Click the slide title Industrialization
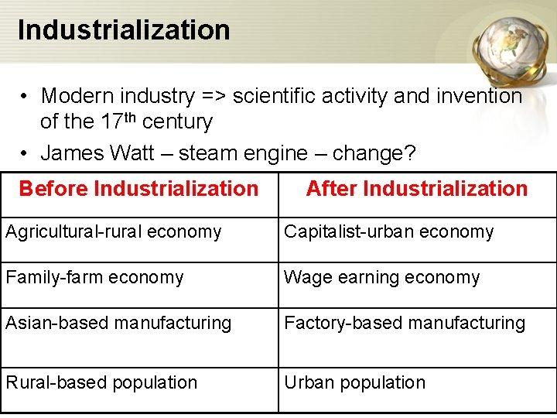pyautogui.click(x=124, y=29)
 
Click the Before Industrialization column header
pyautogui.click(x=138, y=188)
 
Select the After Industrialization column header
pyautogui.click(x=416, y=188)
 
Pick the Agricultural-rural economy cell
pyautogui.click(x=114, y=231)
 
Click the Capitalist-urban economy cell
pyautogui.click(x=388, y=231)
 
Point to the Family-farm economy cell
pyautogui.click(x=94, y=277)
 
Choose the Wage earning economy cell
pyautogui.click(x=381, y=277)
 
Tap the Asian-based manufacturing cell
pyautogui.click(x=118, y=323)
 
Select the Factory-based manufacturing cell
pyautogui.click(x=405, y=323)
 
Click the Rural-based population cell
pyautogui.click(x=101, y=382)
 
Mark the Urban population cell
pyautogui.click(x=354, y=382)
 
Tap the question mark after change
pyautogui.click(x=409, y=152)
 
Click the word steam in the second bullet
pyautogui.click(x=203, y=152)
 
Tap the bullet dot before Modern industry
pyautogui.click(x=26, y=97)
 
